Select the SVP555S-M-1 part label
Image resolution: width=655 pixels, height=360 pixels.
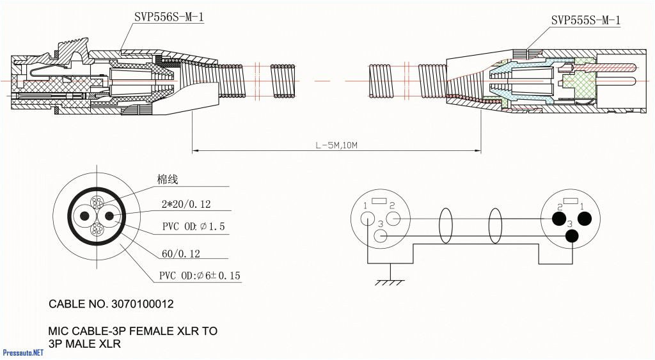tap(585, 20)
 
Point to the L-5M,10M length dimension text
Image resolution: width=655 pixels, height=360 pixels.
tap(336, 145)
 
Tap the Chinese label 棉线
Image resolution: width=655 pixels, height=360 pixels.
tap(167, 180)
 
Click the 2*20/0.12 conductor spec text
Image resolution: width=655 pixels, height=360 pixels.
tap(185, 205)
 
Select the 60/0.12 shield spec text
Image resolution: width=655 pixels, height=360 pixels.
tap(180, 254)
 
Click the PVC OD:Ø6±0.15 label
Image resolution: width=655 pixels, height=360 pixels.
tap(200, 276)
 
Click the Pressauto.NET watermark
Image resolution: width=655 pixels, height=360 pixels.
tap(23, 353)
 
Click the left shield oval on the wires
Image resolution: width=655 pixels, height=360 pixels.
tap(446, 226)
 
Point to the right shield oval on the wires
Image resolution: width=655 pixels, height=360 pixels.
tap(495, 226)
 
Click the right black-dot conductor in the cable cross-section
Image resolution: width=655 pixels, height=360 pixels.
tap(108, 216)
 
